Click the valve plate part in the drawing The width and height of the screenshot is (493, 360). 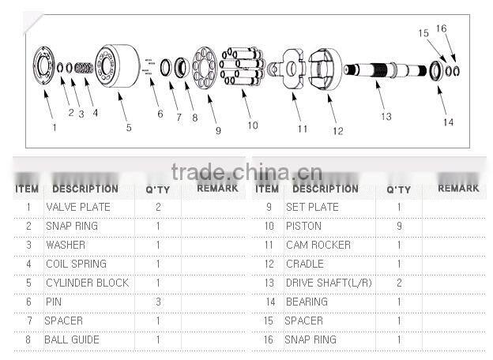click(44, 65)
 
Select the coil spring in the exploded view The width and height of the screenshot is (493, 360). click(84, 68)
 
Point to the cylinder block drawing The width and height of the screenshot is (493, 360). click(117, 66)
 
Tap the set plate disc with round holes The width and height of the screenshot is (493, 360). click(205, 68)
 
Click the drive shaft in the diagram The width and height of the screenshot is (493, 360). click(386, 70)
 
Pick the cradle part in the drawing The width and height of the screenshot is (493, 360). click(325, 69)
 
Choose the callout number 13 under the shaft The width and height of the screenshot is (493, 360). click(386, 117)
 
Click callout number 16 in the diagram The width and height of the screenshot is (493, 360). click(441, 28)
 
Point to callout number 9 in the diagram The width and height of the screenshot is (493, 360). click(218, 131)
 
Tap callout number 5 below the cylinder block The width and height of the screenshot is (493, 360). click(129, 128)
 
